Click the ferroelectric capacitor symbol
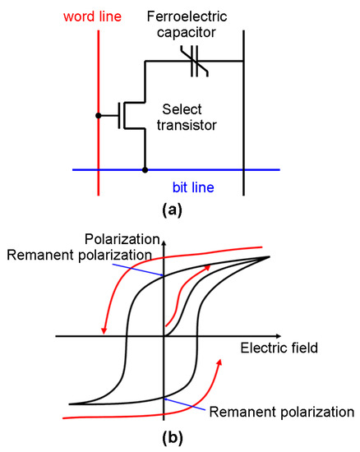196,62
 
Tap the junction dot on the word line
98,115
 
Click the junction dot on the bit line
145,170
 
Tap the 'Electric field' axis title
279,348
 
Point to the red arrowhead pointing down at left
104,331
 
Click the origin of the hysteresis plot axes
164,335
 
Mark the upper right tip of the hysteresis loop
270,257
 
